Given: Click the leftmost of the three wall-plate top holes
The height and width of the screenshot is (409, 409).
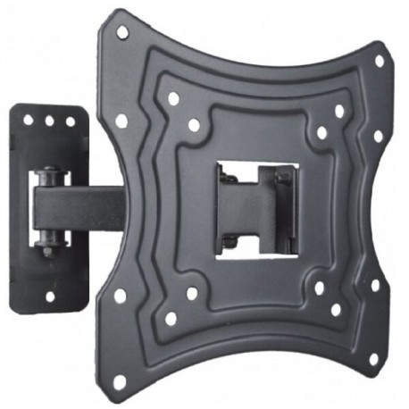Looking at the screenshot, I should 29,119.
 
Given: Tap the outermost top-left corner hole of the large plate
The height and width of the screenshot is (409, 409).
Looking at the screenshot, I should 123,32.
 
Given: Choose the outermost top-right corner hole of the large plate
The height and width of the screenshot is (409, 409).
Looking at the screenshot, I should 379,62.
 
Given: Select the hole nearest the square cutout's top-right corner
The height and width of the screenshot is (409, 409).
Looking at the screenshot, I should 321,132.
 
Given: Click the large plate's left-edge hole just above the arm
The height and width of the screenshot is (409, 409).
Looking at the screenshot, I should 121,120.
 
